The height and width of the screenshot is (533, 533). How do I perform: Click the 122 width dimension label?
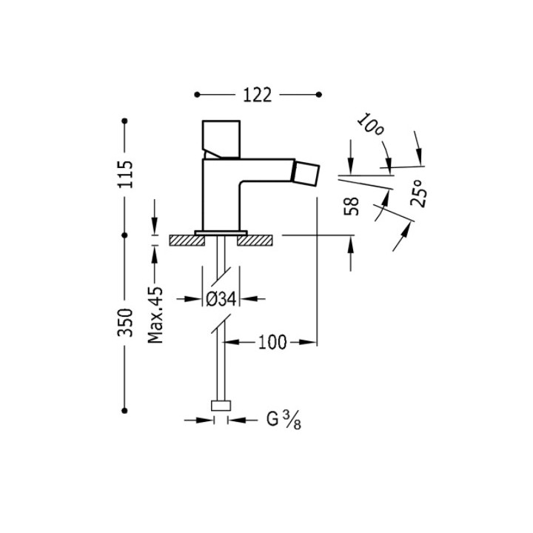click(257, 95)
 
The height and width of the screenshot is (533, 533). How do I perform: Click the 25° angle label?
click(418, 194)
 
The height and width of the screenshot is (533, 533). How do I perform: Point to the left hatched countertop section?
click(182, 240)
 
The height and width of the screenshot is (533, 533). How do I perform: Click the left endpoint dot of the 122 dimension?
click(196, 95)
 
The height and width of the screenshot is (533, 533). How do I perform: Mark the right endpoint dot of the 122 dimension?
click(318, 95)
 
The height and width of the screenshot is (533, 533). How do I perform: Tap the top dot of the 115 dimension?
click(126, 120)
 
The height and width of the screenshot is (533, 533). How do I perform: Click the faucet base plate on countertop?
click(220, 232)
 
